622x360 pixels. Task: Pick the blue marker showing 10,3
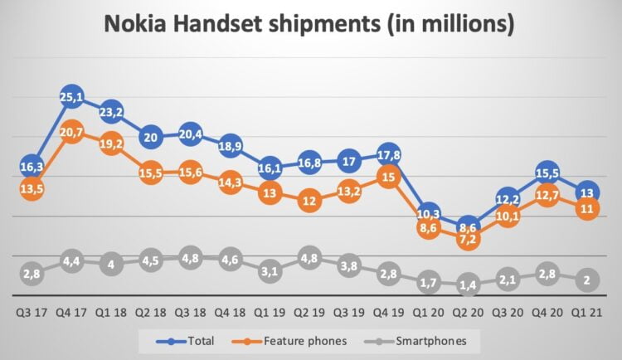[428, 214]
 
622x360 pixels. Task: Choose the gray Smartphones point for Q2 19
[309, 259]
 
